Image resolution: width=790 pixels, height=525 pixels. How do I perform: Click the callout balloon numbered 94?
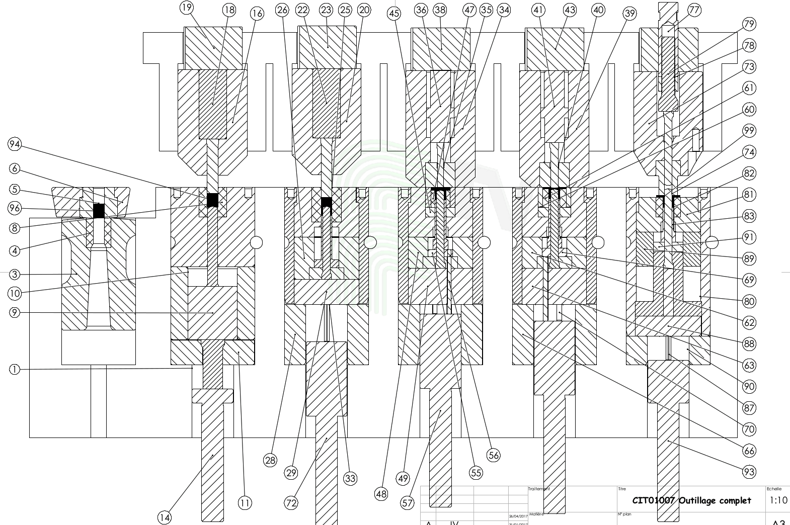(x=15, y=145)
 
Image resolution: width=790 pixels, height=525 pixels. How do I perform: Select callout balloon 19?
(x=187, y=8)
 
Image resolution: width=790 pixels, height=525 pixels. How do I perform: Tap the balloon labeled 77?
(x=694, y=10)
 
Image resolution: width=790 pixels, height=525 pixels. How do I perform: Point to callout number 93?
(x=749, y=472)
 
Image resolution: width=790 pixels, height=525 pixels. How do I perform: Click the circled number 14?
(x=165, y=517)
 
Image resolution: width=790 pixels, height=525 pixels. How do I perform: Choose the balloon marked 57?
(x=408, y=502)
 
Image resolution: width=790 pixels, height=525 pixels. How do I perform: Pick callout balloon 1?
(x=15, y=370)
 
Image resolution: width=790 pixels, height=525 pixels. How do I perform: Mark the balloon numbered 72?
(x=291, y=502)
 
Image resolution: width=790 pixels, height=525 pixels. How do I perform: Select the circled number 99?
(x=749, y=131)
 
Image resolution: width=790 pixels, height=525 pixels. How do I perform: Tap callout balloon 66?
(x=749, y=451)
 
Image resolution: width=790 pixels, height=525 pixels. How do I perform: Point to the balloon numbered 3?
(x=15, y=274)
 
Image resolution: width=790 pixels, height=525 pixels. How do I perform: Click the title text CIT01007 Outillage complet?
(x=691, y=500)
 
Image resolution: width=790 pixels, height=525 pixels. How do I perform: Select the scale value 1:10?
(x=778, y=500)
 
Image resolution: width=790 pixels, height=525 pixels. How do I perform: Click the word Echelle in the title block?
(x=774, y=489)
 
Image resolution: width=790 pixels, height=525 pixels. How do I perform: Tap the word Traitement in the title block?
(x=538, y=489)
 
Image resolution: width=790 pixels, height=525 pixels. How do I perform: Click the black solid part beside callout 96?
(x=99, y=210)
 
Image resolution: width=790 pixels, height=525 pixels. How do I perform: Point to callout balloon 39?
(x=630, y=14)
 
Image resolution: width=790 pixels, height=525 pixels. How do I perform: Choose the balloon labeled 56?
(x=494, y=455)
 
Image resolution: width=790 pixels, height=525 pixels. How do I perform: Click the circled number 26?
(x=283, y=10)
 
